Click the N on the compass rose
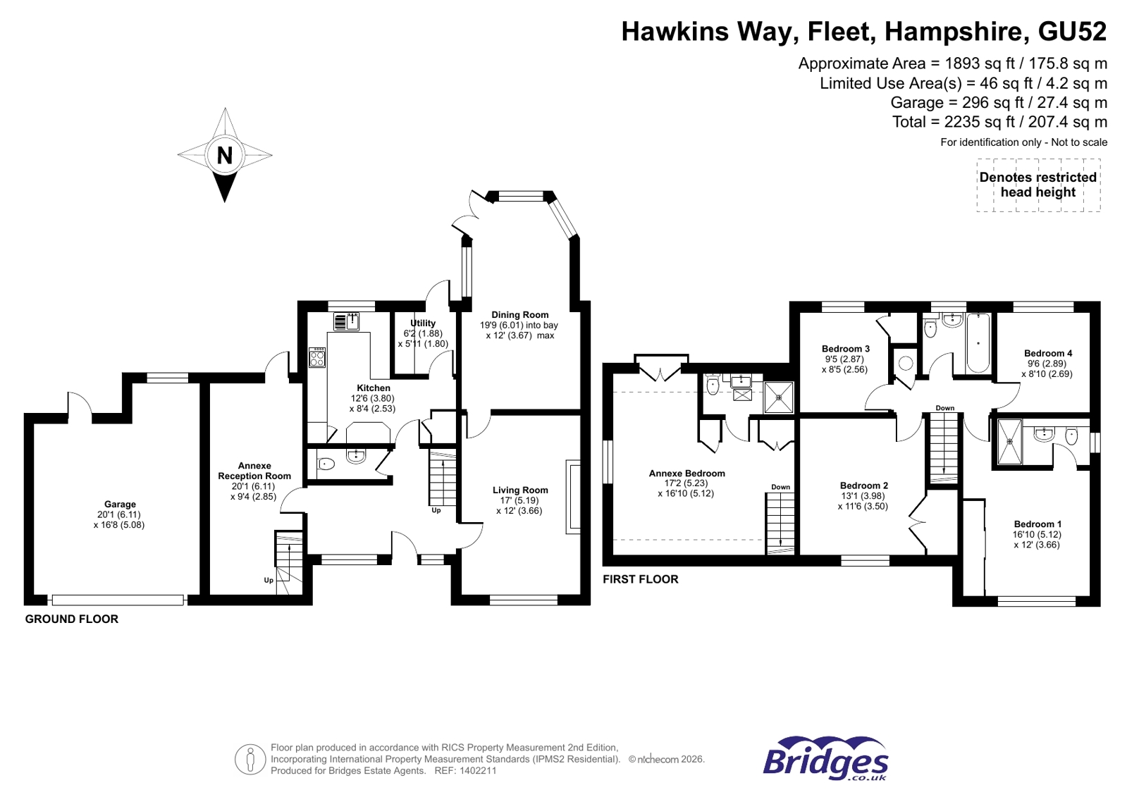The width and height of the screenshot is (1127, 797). point(224,155)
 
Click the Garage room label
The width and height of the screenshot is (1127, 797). point(120,504)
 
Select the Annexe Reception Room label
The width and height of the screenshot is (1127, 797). point(254,471)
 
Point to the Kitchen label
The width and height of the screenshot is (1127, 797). point(373,388)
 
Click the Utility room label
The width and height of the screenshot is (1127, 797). point(423,323)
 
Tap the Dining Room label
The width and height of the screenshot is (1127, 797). point(520,315)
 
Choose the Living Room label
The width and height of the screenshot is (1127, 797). point(520,490)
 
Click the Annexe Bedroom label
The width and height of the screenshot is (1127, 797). point(686,473)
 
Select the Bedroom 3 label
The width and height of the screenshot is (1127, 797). point(845,348)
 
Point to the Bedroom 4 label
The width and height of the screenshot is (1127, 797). point(1047,353)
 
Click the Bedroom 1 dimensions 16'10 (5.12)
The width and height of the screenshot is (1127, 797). point(1037,534)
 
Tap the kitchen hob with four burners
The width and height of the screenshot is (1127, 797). point(317,357)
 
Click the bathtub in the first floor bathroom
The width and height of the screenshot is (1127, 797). point(978,343)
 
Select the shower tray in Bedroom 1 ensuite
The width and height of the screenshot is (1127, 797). point(1009,442)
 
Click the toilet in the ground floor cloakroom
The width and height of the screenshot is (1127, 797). point(326,464)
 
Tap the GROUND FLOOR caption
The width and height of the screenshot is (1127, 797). point(72,619)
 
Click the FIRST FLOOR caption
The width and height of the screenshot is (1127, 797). point(640,579)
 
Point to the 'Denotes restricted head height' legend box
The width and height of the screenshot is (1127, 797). point(1037,185)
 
